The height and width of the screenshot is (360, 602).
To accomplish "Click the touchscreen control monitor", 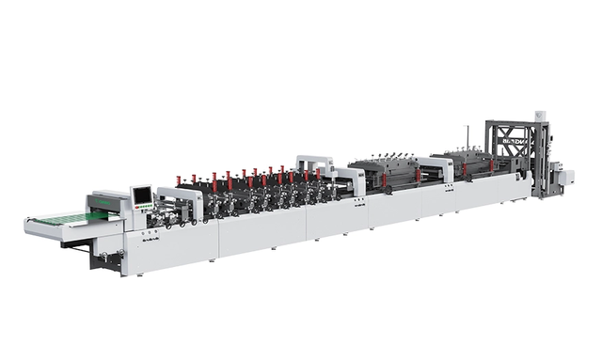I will [x=142, y=195].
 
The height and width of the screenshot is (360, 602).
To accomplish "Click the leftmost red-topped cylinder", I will [x=178, y=180].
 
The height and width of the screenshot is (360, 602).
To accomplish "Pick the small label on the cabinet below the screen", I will [x=151, y=243].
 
